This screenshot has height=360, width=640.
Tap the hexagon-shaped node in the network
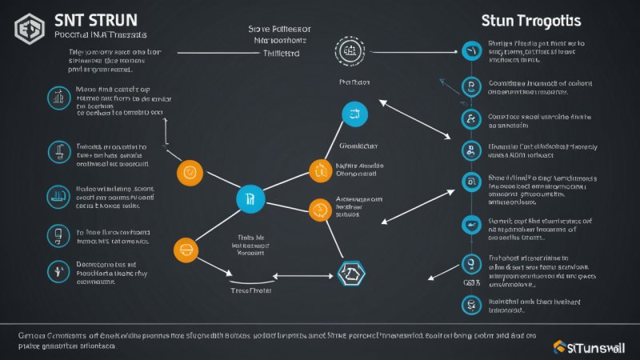click(351, 274)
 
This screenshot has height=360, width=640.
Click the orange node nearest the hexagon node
click(320, 210)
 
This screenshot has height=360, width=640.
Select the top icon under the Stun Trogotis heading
click(470, 51)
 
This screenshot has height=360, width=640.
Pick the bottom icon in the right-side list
click(470, 304)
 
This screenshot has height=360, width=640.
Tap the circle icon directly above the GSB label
click(470, 262)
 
